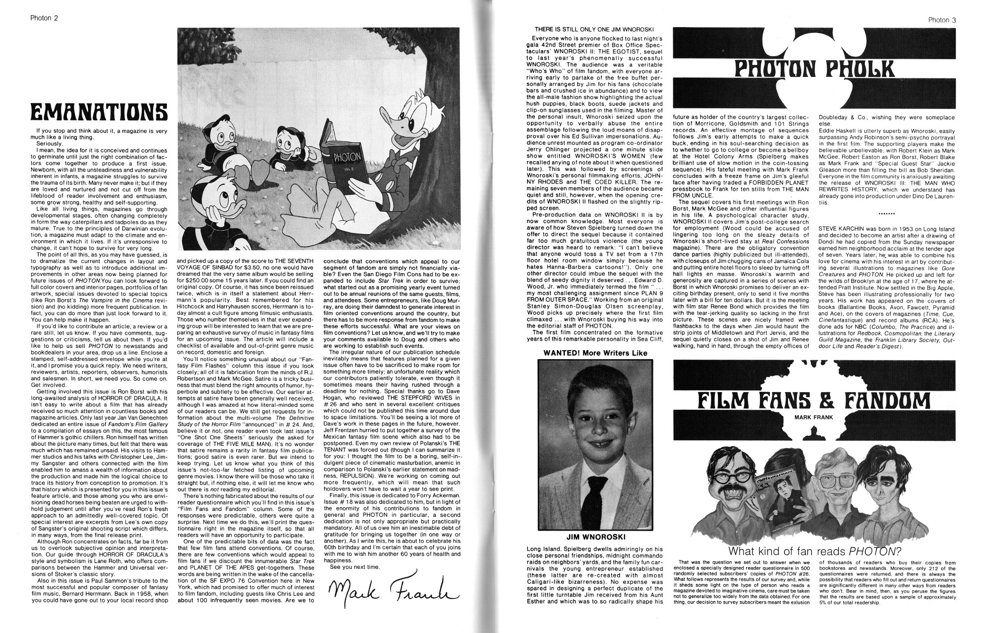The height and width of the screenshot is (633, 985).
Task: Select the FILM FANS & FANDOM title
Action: click(x=814, y=402)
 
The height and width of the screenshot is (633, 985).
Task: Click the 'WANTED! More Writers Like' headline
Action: click(x=595, y=353)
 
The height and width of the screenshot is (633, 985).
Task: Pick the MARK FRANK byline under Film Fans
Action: click(x=811, y=418)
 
